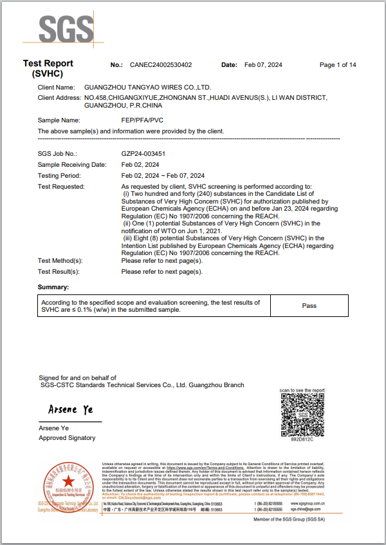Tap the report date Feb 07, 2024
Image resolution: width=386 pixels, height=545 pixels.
coord(264,65)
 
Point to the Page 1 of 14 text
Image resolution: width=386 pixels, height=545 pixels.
coord(338,65)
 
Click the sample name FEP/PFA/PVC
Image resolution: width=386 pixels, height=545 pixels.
coord(142,120)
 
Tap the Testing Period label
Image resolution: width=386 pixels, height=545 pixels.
coord(59,175)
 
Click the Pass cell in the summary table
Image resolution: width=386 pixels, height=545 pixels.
coord(309,305)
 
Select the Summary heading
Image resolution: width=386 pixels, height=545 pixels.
coord(53,287)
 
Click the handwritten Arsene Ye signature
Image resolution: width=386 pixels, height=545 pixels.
coord(71,410)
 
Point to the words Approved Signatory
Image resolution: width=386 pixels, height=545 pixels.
coord(67,438)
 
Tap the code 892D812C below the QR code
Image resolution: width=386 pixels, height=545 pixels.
coord(302,439)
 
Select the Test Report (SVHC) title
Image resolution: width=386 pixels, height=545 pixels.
coord(48,68)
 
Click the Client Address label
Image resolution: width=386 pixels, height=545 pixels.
coord(59,97)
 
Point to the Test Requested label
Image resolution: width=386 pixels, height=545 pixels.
coord(61,186)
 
